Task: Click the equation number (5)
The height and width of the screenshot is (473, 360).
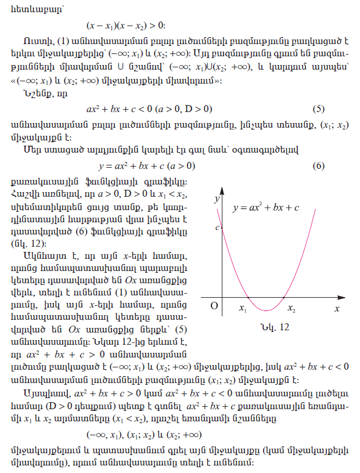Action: pyautogui.click(x=317, y=109)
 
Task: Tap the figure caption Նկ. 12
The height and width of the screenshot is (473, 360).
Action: pyautogui.click(x=275, y=328)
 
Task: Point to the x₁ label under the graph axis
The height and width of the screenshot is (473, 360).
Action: pyautogui.click(x=243, y=309)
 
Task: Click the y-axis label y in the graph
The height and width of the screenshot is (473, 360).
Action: pyautogui.click(x=216, y=199)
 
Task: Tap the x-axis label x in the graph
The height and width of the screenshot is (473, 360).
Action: pyautogui.click(x=336, y=309)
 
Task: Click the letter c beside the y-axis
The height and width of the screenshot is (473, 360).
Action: pyautogui.click(x=217, y=228)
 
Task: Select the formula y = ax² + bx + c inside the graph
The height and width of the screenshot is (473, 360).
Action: pyautogui.click(x=266, y=207)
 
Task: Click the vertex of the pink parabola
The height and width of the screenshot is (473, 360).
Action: pyautogui.click(x=265, y=311)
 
